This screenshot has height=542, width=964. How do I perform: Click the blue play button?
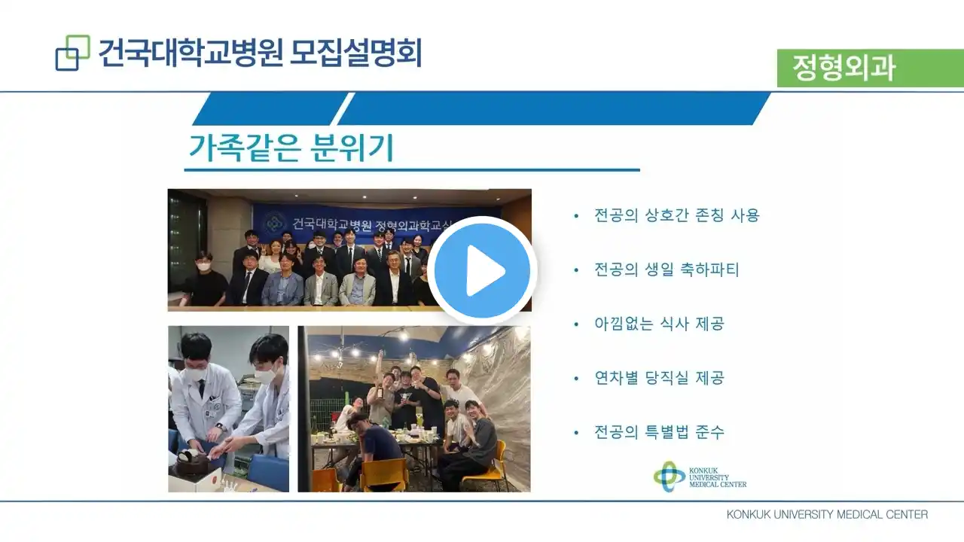click(x=482, y=271)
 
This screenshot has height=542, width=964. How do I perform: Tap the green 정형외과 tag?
click(x=870, y=68)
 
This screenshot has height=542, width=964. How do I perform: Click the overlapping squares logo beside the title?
click(x=73, y=53)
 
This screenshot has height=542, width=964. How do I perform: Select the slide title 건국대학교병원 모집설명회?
click(x=260, y=53)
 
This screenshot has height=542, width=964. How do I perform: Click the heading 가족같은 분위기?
click(x=291, y=148)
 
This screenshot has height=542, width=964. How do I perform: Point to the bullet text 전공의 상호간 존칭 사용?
click(x=676, y=215)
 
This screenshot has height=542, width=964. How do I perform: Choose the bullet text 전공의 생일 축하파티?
click(x=667, y=269)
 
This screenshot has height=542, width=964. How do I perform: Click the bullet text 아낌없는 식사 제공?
click(x=659, y=324)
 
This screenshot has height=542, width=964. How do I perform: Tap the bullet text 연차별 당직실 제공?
click(x=659, y=378)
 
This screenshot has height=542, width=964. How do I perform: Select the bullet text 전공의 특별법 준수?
click(x=659, y=432)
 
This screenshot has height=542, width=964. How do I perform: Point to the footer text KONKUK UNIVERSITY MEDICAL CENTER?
click(x=827, y=514)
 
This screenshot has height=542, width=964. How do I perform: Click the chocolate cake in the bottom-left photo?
click(x=192, y=463)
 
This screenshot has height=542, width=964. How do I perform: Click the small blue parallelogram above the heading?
click(x=270, y=108)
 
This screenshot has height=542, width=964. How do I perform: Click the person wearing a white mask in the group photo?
click(x=203, y=279)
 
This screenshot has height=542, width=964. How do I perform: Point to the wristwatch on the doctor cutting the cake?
click(x=220, y=428)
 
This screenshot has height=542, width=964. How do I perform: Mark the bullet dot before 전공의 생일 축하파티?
click(x=576, y=270)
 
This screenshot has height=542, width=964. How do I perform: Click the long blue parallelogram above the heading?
click(x=554, y=108)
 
